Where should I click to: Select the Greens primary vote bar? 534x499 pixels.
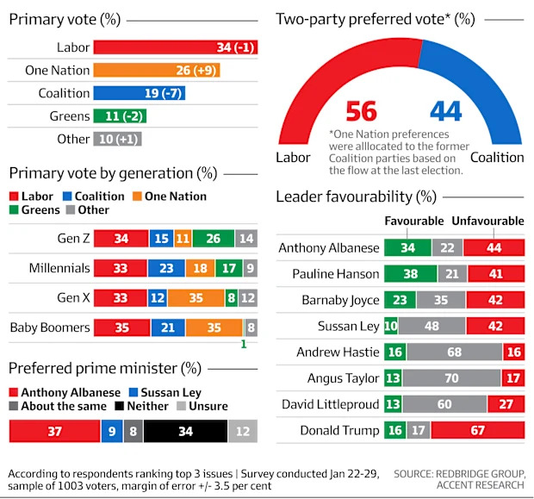[120, 115]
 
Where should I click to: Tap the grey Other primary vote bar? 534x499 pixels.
[117, 138]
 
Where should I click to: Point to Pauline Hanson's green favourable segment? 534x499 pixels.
[407, 274]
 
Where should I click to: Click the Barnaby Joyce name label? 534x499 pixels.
[339, 300]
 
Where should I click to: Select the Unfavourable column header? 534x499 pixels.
[487, 221]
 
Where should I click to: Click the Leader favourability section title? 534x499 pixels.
[355, 197]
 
